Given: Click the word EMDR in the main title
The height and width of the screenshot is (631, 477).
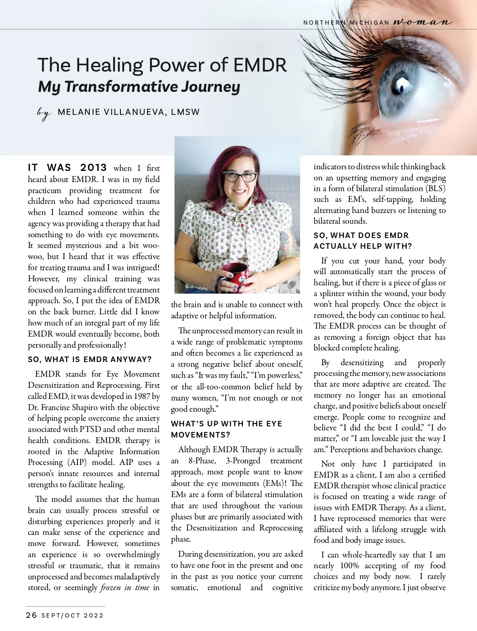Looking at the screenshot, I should tap(260, 65).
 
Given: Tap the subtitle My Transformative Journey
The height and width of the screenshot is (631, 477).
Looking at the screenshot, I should tap(139, 87).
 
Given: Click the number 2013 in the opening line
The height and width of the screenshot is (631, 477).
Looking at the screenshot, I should tap(93, 168).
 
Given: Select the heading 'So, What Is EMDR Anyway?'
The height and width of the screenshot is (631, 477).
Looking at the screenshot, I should tap(89, 360).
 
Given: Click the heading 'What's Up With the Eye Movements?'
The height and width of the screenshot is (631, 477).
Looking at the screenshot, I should tap(227, 429).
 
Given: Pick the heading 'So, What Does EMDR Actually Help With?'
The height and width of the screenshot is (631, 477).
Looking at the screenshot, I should tap(363, 241).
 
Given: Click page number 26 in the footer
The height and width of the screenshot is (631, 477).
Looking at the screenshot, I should tap(31, 616).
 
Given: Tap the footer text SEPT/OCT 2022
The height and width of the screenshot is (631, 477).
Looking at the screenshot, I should tap(72, 616).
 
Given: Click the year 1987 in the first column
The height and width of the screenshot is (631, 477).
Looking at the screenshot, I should tap(142, 396).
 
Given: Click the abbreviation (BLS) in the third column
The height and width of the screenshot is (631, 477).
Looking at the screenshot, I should tap(436, 188).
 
